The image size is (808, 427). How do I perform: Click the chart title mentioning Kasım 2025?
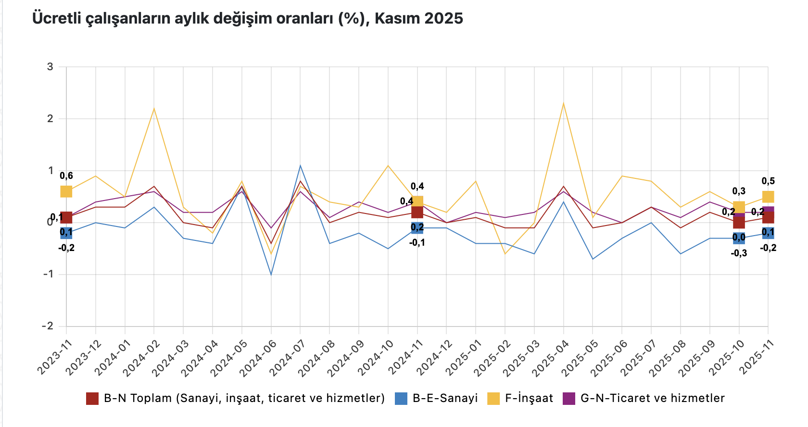pos(247,18)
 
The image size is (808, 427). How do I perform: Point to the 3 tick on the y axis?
pos(50,67)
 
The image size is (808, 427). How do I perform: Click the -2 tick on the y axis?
pos(48,326)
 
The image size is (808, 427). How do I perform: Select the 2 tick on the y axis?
pos(50,119)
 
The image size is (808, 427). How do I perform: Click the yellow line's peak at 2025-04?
pos(563,103)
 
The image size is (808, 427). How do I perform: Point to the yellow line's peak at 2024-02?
pos(154,109)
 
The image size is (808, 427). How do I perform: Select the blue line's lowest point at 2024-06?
pos(271,274)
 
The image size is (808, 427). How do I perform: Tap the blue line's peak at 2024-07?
pos(301,166)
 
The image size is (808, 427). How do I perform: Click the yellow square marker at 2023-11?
pos(66,191)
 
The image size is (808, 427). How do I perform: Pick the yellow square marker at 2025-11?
pos(768,197)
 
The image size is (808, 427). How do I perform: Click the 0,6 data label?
pos(66,176)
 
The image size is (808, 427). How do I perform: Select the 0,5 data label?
pos(768,181)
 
